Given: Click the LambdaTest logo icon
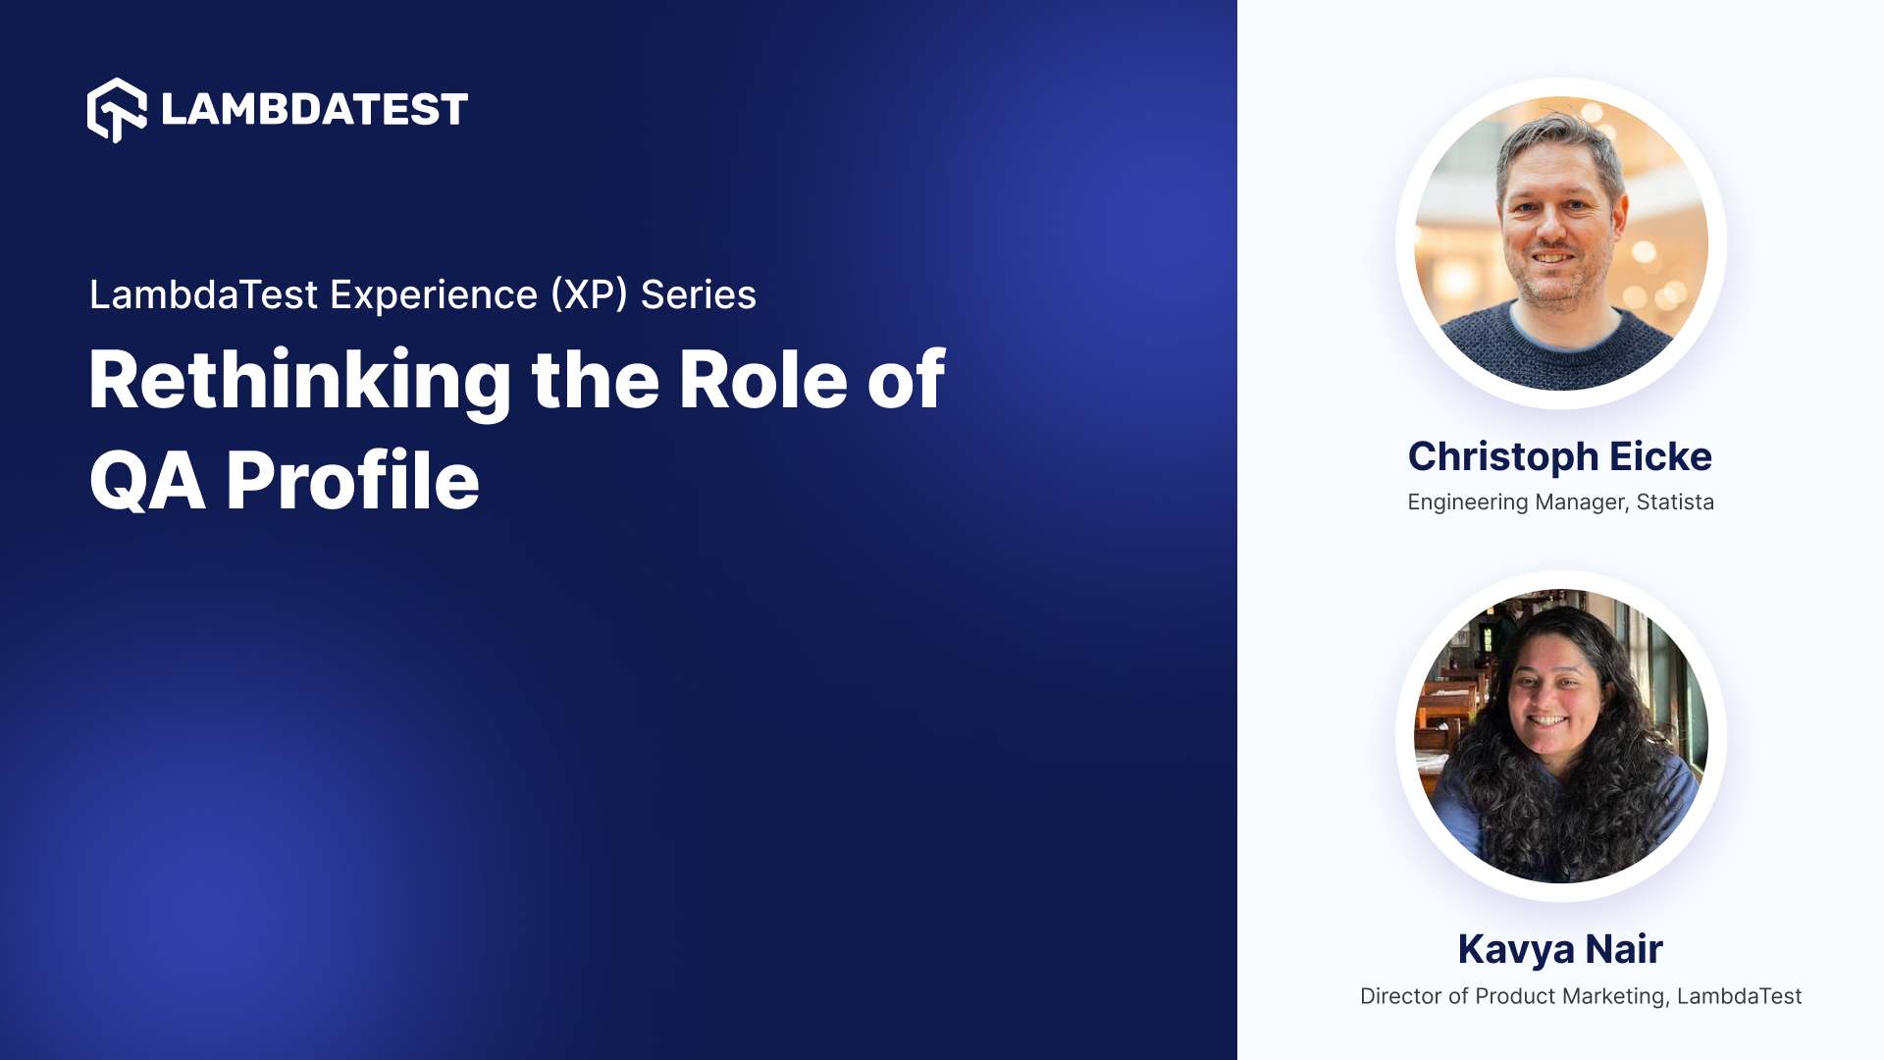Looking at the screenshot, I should [117, 110].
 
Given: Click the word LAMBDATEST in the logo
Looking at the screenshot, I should [314, 110].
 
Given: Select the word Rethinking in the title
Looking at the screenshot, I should [299, 381].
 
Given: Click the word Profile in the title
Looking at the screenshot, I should [353, 481].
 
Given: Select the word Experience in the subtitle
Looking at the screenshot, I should [433, 295].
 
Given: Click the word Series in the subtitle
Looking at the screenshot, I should [699, 295].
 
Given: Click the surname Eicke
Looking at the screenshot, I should [1660, 457].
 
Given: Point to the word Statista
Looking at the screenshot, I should [1675, 503].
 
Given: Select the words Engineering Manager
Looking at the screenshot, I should [1517, 503].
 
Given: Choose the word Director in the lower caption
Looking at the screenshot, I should [1400, 996].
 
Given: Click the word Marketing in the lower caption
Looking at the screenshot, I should [1615, 996].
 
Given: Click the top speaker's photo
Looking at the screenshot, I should [1560, 243].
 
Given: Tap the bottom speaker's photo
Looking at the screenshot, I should [1560, 736].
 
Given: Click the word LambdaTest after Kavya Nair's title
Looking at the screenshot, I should [1739, 996].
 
